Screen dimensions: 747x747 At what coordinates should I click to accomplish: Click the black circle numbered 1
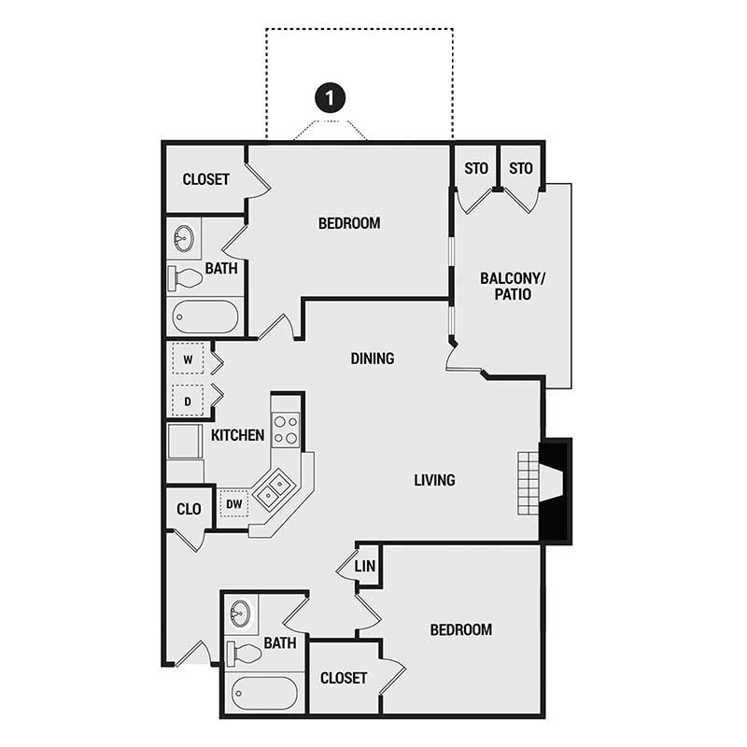tap(329, 96)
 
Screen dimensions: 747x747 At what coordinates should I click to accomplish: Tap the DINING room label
tap(373, 359)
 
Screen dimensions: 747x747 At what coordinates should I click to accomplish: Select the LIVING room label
tap(434, 480)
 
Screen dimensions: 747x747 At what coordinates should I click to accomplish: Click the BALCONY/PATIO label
tap(505, 286)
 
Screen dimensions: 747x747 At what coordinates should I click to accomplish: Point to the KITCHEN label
tap(237, 435)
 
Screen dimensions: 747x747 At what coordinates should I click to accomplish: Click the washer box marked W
tap(188, 359)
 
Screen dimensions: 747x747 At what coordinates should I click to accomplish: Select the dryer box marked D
tap(188, 400)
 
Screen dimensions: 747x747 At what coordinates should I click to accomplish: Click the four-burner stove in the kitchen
tap(286, 430)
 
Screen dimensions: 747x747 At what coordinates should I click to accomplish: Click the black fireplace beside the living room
tap(557, 489)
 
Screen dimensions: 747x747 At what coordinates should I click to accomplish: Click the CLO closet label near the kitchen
tap(190, 509)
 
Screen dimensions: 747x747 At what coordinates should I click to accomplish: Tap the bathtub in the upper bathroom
tap(205, 316)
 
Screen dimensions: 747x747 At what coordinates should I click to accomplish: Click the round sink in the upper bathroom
tap(183, 239)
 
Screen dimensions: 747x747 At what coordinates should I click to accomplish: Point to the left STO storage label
tap(476, 169)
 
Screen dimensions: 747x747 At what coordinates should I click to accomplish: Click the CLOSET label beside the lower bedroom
tap(343, 678)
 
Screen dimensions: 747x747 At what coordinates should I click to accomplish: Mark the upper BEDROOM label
tap(349, 223)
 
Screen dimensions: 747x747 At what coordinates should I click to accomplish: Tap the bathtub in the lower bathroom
tap(264, 693)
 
